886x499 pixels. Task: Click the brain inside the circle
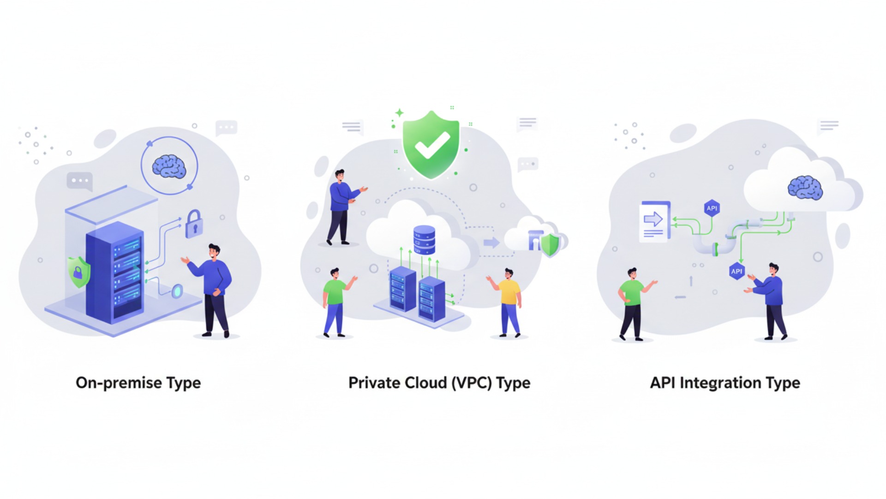click(169, 166)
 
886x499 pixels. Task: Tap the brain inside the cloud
click(805, 188)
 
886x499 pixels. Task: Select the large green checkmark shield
click(431, 144)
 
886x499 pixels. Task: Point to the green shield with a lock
click(78, 272)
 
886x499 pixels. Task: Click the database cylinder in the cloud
click(424, 240)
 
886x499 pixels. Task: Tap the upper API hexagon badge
click(712, 208)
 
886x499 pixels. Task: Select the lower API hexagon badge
click(736, 271)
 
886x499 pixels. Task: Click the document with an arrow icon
click(654, 221)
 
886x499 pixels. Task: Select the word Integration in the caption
click(720, 383)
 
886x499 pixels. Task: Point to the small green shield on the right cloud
click(550, 245)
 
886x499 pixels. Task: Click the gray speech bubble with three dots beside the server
click(80, 181)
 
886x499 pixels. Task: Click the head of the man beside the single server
click(214, 252)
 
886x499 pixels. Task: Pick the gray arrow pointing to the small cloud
click(491, 243)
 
